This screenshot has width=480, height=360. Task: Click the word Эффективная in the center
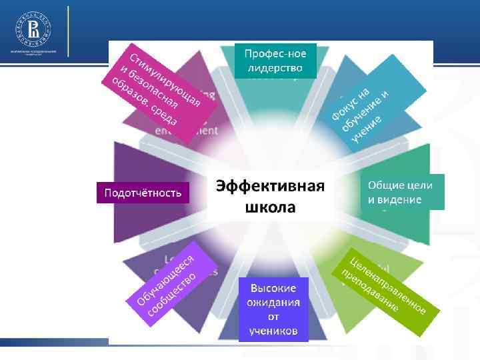[269, 186]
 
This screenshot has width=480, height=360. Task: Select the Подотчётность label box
[143, 193]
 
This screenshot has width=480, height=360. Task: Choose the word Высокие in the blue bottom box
[274, 288]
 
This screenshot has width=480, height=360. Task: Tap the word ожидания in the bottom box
[274, 302]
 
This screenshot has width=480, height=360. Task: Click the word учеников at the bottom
[274, 331]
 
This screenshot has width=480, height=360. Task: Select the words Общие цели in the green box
[400, 185]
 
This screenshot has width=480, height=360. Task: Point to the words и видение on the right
[395, 200]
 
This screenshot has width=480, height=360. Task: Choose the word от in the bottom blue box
[274, 317]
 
